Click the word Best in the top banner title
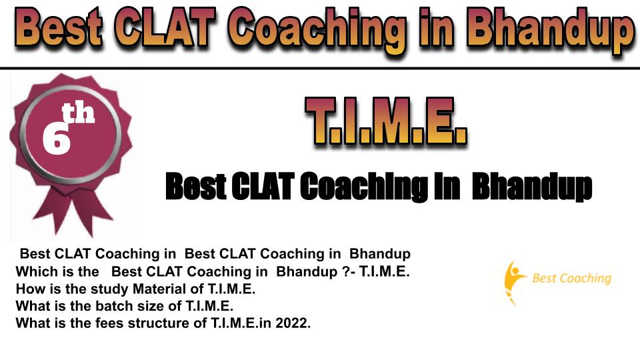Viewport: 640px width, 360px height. coord(59,27)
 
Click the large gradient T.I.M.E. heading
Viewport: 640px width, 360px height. coord(386,121)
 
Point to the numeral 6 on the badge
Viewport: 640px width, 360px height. coord(56,139)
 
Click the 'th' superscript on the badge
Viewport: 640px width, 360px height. coord(78,113)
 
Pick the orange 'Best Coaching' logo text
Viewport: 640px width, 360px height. coord(572,279)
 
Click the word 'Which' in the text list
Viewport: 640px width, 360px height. coord(34,271)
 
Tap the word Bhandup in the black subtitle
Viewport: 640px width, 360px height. coord(532,187)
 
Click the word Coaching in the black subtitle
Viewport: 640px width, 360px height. coord(364,187)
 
